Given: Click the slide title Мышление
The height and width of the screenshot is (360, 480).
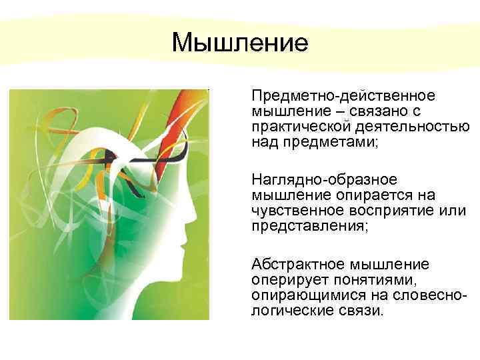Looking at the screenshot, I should [240, 43].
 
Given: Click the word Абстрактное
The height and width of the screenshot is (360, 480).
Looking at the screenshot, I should [294, 264].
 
